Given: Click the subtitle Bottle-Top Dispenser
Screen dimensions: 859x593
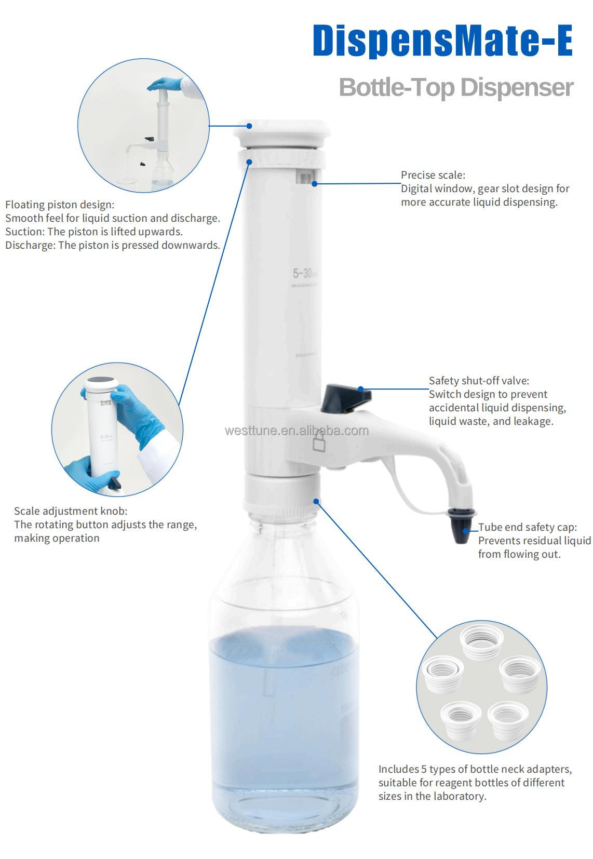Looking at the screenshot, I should click(456, 87).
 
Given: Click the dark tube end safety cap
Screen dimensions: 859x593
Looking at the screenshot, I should click(461, 526).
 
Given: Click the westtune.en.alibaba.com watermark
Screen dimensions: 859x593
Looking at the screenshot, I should click(296, 431).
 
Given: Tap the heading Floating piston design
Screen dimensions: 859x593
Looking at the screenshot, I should click(59, 205).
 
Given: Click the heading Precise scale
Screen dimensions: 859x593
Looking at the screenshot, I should click(433, 175).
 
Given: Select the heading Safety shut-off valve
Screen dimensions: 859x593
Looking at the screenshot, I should click(479, 381).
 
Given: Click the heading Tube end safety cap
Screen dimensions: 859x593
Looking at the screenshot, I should click(527, 527).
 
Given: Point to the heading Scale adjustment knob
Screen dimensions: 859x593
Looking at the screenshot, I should click(71, 511).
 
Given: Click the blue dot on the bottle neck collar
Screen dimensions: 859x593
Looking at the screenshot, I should click(316, 501).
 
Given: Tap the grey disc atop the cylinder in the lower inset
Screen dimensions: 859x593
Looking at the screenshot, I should click(100, 384).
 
